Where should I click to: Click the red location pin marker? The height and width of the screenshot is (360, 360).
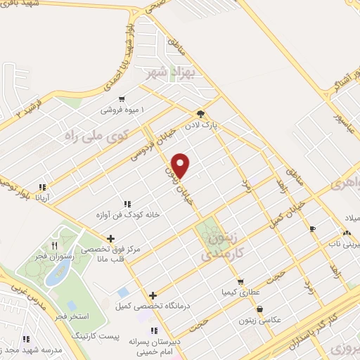tap(181, 165)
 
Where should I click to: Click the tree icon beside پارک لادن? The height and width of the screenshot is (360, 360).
tap(200, 113)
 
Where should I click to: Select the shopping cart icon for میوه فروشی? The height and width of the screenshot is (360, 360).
tap(123, 99)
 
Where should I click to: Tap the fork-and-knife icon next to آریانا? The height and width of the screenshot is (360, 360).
tap(43, 187)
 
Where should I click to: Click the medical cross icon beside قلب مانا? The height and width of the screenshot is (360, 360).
tap(111, 238)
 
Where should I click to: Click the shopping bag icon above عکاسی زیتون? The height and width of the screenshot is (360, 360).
tap(260, 308)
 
